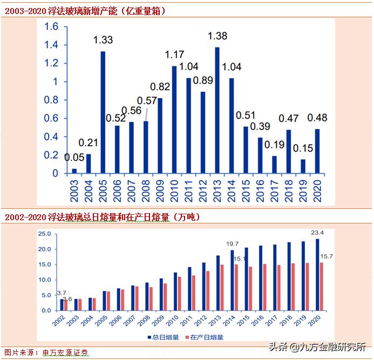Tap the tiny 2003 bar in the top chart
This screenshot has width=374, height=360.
click(74, 171)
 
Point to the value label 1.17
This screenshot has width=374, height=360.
click(174, 55)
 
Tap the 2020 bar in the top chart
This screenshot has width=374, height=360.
click(317, 151)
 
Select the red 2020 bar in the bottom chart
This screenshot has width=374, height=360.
click(322, 287)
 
